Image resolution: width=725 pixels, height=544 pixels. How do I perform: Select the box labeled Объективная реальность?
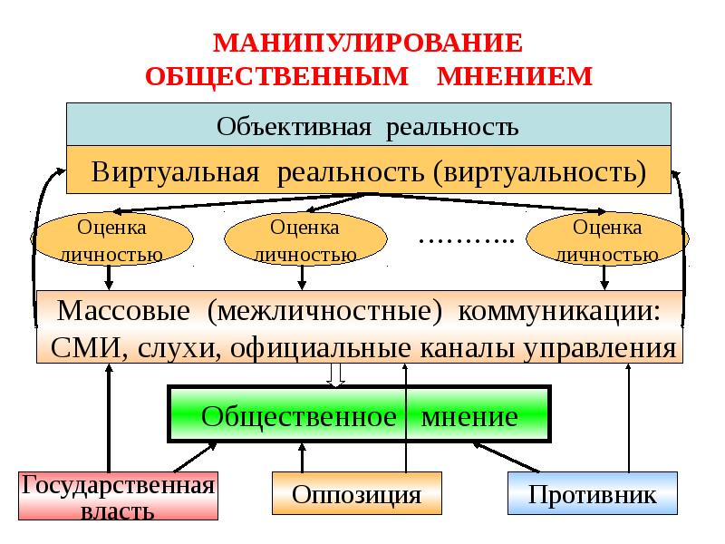coord(368,125)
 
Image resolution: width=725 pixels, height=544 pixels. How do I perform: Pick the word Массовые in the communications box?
coord(122,311)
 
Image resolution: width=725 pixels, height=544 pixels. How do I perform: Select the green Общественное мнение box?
coord(360,416)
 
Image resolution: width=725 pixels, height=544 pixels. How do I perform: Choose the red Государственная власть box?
coord(119,496)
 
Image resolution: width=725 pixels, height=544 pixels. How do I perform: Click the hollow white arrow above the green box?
coord(337,374)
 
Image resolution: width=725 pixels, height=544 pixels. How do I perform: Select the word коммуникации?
coord(560,311)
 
